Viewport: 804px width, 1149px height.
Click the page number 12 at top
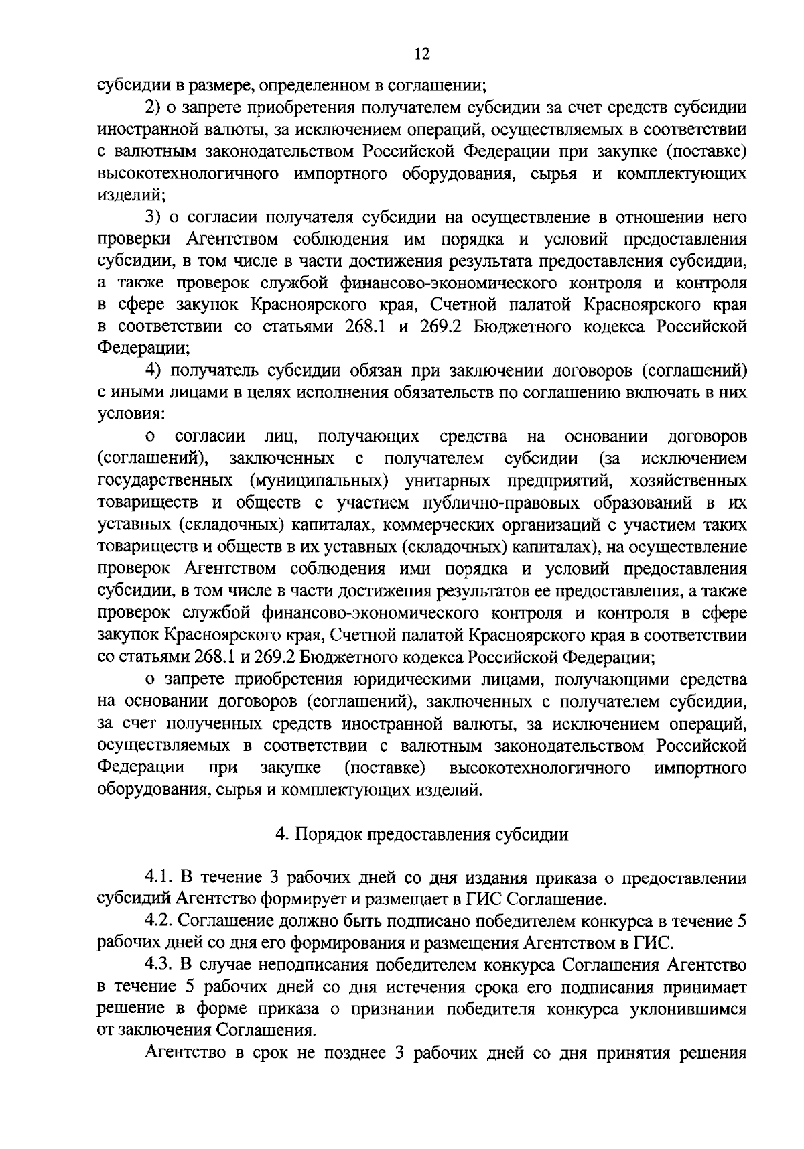[x=421, y=54]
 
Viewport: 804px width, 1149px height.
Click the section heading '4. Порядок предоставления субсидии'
[x=422, y=835]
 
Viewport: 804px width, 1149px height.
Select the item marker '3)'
[x=155, y=218]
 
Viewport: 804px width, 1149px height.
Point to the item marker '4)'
[x=155, y=370]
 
